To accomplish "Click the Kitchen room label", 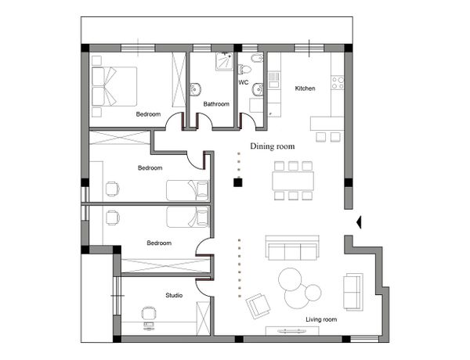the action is (x=305, y=88).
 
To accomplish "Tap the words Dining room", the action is (x=272, y=146).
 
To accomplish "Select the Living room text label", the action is (x=321, y=319).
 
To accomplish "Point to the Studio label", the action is (x=174, y=295).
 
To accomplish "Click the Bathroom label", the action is (x=216, y=104).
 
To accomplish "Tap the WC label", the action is (x=244, y=82).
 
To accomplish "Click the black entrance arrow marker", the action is (x=359, y=222).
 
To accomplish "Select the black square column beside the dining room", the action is (x=237, y=182).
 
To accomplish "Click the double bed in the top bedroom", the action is (x=114, y=86).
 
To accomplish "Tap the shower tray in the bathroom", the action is (x=224, y=61).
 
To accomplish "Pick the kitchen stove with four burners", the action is (x=338, y=83).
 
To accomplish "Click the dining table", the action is (x=293, y=181).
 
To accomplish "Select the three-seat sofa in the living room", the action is (x=292, y=247).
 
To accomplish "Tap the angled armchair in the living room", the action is (x=258, y=306).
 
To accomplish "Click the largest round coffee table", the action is (x=290, y=279).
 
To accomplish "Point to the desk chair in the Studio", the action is (x=149, y=314).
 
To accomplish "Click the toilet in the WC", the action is (x=244, y=69).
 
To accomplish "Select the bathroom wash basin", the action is (x=195, y=89).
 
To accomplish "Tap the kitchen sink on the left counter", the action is (x=273, y=79).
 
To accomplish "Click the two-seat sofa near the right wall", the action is (x=353, y=291).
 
